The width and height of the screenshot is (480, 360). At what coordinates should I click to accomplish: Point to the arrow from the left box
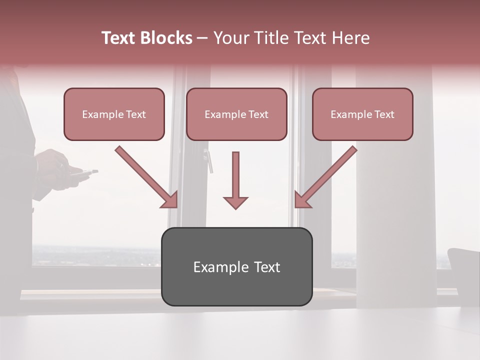click(x=142, y=173)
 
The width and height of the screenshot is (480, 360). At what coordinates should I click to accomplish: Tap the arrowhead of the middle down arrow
click(x=235, y=202)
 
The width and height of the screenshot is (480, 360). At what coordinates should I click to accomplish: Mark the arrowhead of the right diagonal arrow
click(x=301, y=200)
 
